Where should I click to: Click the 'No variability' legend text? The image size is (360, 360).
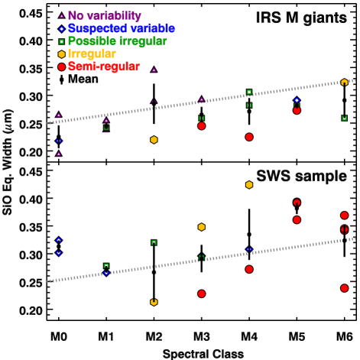pos(104,16)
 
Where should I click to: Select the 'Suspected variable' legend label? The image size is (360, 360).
pos(121,29)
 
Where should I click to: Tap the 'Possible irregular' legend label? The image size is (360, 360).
pos(117,41)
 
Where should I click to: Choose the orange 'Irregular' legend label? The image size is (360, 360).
pos(92,54)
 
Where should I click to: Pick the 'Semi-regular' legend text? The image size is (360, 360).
pos(103,66)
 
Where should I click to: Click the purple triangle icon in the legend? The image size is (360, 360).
pos(62,15)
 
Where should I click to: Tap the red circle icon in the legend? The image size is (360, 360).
pos(62,66)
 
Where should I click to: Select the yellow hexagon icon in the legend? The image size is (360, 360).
pos(62,54)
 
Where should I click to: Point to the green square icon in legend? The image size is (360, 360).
pos(62,41)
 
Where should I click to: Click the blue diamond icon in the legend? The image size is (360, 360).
pos(62,29)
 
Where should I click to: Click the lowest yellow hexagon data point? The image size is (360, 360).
pos(154,302)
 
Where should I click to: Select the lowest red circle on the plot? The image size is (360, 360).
pos(201,294)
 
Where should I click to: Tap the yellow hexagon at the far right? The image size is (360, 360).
pos(344,82)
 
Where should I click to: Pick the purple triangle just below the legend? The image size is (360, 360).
pos(154,70)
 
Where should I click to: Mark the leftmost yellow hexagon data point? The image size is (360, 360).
pos(154,140)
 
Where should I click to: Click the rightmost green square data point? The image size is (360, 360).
pos(344,118)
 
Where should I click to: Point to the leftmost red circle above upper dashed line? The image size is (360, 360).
pos(201,126)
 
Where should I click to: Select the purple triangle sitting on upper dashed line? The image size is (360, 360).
pos(201,99)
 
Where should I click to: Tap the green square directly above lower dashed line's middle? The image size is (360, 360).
pos(201,258)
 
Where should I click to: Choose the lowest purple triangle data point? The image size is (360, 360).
pos(58,154)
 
